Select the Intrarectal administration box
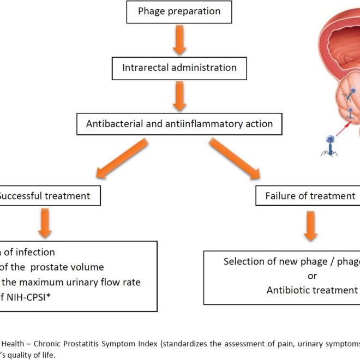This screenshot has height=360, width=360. point(179,68)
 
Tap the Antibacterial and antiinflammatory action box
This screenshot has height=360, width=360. point(179,124)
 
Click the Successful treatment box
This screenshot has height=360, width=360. point(49,195)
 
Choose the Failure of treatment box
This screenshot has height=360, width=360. point(308,195)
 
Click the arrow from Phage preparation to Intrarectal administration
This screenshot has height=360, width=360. point(179,39)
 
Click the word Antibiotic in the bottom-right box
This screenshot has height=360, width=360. point(287,290)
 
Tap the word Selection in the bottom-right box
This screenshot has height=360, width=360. point(244,261)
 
